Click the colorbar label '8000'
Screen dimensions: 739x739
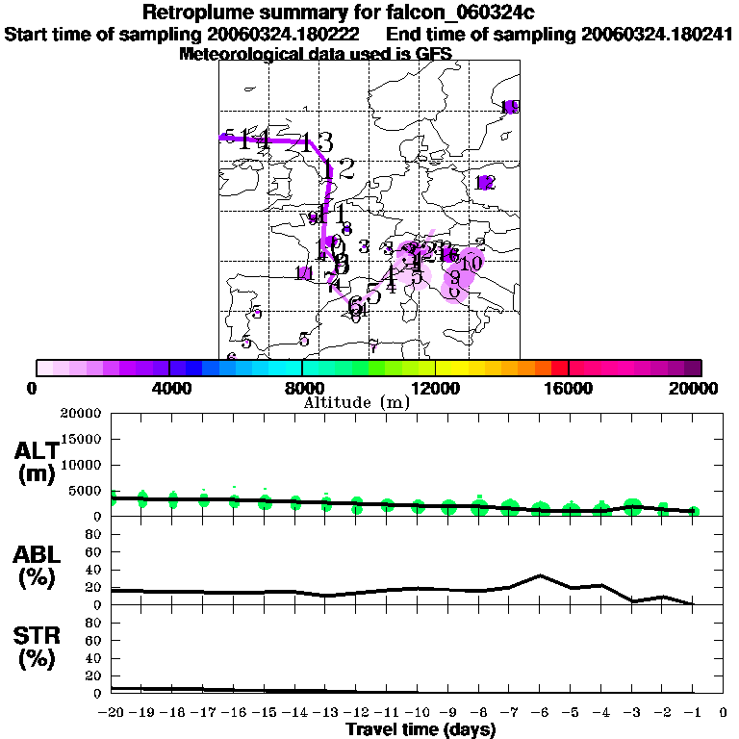tap(301, 388)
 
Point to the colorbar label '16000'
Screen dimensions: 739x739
tap(568, 388)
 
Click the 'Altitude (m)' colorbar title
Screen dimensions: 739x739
tap(356, 402)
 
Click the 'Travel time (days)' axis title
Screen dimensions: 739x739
tap(420, 729)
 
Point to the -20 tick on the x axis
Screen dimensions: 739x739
tap(113, 712)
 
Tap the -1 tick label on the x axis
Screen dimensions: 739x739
tap(693, 712)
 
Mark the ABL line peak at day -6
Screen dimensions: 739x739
tap(541, 575)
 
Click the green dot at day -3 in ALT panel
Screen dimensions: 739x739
tap(632, 506)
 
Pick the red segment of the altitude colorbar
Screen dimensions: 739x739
tap(559, 368)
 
